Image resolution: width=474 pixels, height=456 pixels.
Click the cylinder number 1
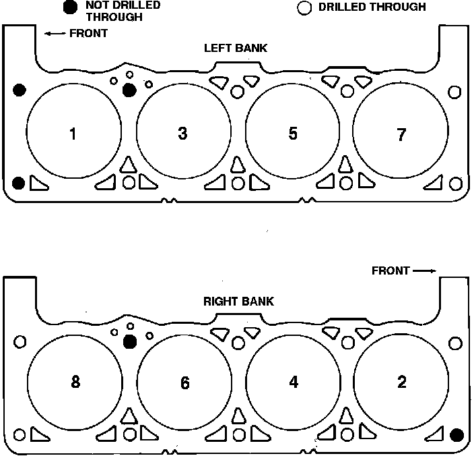tap(73, 134)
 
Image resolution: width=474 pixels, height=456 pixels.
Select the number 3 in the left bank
tap(182, 134)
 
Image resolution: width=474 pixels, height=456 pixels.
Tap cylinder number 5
tap(293, 134)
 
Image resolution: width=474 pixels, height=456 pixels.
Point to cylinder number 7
tap(401, 135)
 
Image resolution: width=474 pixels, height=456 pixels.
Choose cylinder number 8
tap(75, 382)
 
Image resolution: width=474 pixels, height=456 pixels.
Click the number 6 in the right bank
tap(185, 382)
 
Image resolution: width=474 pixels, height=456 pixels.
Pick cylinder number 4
tap(294, 382)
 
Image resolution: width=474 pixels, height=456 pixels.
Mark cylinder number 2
tap(402, 382)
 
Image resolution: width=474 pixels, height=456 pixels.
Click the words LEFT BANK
tap(236, 48)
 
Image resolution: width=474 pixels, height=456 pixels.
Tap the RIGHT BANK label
tap(238, 302)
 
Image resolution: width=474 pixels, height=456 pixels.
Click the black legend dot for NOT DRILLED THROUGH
tap(70, 7)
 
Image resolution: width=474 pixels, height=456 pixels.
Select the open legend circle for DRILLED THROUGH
tap(304, 8)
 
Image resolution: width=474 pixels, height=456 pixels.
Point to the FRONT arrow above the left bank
tap(55, 33)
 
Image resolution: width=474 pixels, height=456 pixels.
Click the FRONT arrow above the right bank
tap(424, 270)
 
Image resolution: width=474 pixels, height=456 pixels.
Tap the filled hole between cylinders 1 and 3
tap(129, 90)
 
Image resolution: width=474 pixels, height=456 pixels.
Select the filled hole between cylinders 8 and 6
tap(131, 342)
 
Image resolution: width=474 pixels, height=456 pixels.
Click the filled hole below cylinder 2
tap(456, 435)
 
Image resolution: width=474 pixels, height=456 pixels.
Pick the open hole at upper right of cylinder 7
tap(454, 92)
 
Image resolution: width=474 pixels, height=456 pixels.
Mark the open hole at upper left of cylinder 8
tap(20, 342)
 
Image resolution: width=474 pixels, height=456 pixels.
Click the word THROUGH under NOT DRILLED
tap(114, 17)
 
